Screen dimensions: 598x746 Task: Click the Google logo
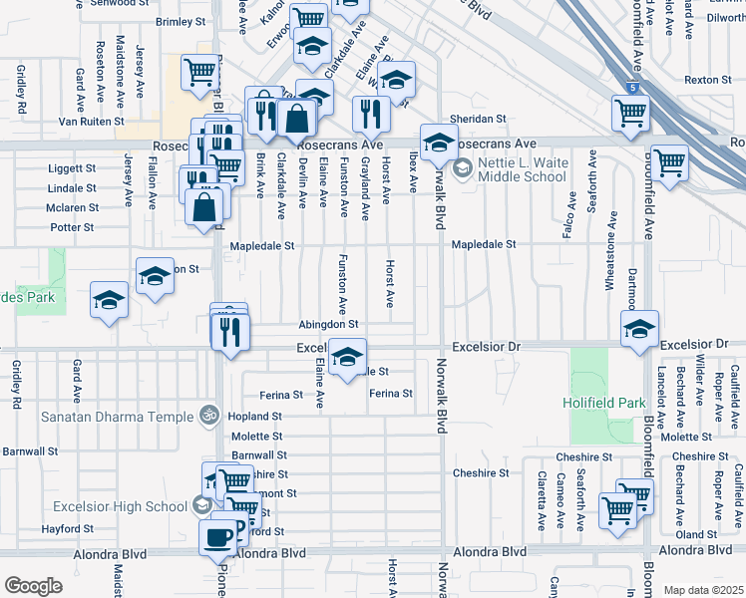point(33,586)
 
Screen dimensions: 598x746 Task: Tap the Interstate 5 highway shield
point(630,89)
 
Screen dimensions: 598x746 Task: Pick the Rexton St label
point(709,80)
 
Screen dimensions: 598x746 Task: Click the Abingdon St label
point(327,324)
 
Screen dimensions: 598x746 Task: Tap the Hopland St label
point(255,416)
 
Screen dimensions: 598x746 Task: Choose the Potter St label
point(73,227)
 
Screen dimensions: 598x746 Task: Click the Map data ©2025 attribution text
point(703,590)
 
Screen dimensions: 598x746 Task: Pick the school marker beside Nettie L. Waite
point(438,142)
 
